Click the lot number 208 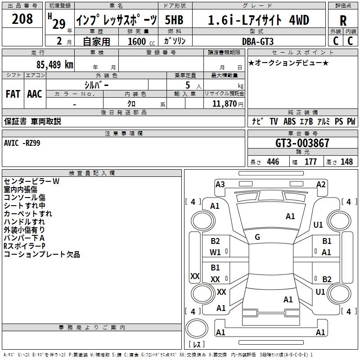point(22,19)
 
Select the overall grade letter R point(343,21)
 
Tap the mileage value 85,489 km point(55,65)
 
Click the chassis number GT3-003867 point(302,143)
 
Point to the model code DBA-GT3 point(258,41)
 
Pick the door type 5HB point(174,20)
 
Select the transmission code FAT point(13,94)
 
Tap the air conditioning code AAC point(35,94)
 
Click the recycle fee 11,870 point(224,104)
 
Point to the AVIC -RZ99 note point(22,143)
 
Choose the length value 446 point(273,162)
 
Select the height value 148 point(346,162)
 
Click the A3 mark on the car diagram point(220,184)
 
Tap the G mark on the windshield point(257,237)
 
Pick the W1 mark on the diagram point(215,252)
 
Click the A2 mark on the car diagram point(321,184)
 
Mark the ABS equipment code point(289,121)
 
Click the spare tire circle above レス point(197,328)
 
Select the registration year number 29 point(59,24)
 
